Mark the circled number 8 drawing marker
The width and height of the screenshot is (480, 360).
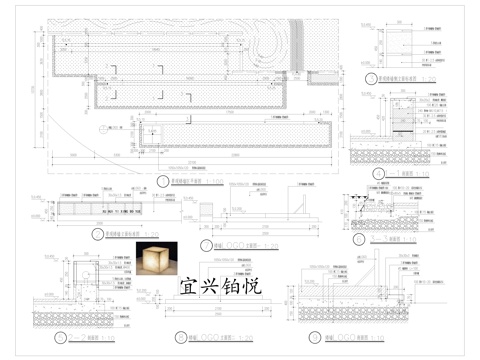(x=179, y=337)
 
